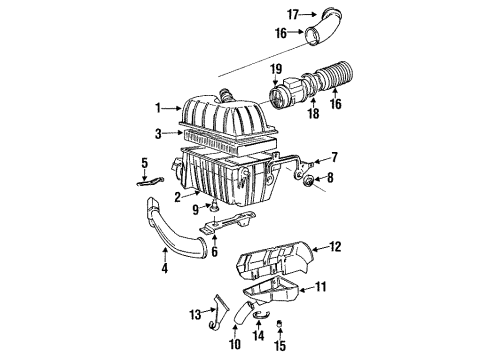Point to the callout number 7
tap(334, 158)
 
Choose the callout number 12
tap(336, 246)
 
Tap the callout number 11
tap(322, 286)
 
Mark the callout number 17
tap(294, 14)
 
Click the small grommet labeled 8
tap(307, 181)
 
